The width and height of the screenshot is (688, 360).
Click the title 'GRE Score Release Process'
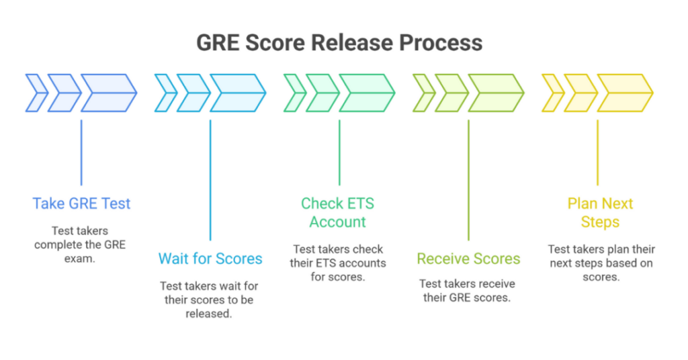coord(339,42)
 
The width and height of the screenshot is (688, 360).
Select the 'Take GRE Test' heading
coord(81,204)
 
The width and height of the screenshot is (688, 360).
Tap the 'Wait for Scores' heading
coord(210,259)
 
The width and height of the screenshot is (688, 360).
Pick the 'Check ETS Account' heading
coord(338,212)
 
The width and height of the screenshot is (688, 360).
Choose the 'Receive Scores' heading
coord(468,259)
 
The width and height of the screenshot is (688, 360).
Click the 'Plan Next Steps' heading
coord(600,212)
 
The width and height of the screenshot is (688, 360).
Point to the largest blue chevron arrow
coord(109,93)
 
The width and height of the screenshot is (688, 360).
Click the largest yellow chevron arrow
coord(625,93)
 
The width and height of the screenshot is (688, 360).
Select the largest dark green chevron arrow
coord(367,93)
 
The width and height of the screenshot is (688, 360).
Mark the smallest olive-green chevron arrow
coord(423,93)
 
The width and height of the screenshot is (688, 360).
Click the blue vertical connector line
coord(81,152)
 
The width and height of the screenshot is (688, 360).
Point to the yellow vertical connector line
coord(597,152)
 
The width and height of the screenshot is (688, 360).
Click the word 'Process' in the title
coord(440,42)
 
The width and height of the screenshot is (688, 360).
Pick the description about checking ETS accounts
coord(338,263)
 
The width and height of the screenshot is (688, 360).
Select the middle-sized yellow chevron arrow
coord(579,93)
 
